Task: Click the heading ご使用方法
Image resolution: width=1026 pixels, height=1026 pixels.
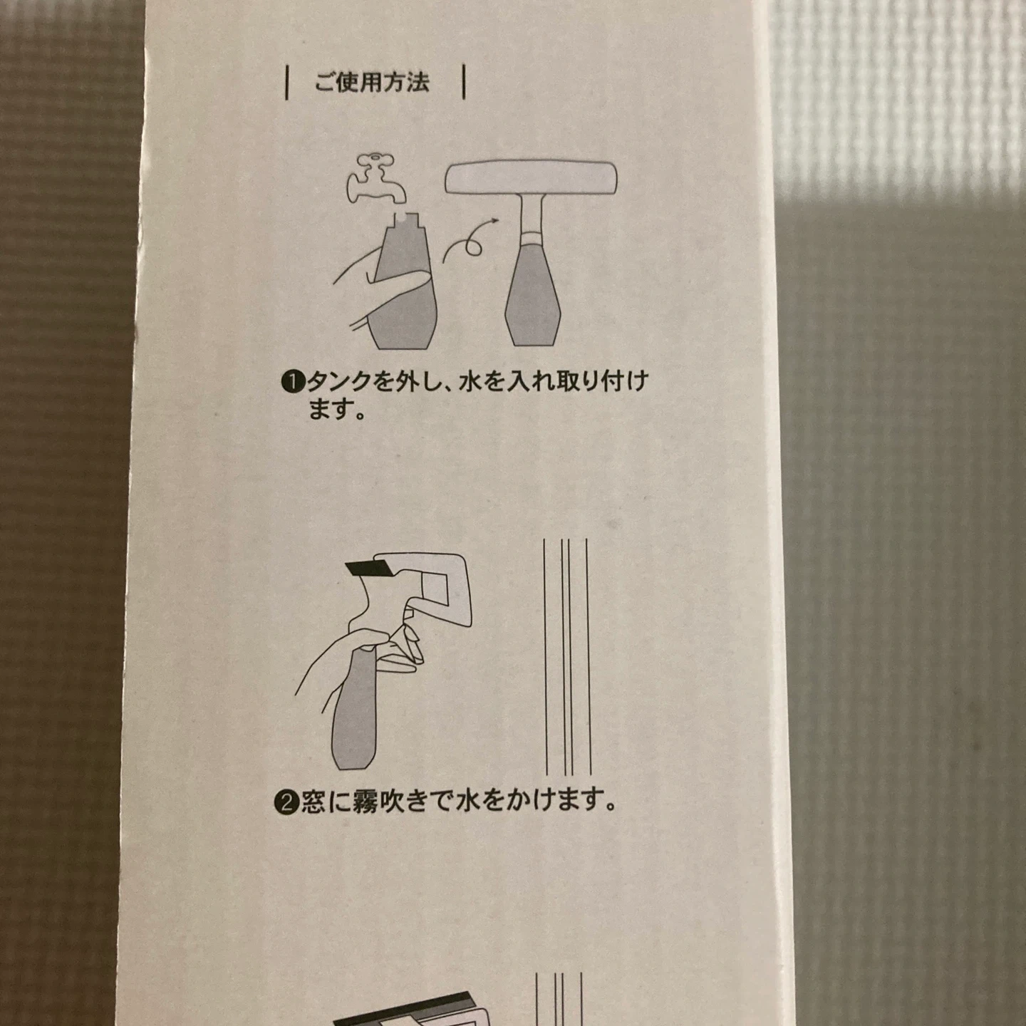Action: (372, 83)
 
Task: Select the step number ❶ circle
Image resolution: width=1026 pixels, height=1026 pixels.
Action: (293, 383)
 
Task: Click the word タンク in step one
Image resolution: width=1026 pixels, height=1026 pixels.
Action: (340, 383)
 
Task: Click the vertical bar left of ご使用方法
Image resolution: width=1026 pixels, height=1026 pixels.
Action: (288, 83)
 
